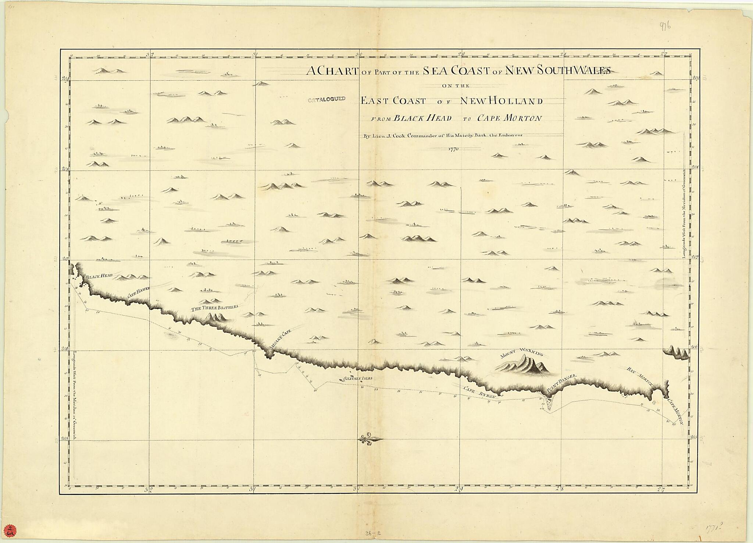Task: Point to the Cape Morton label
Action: click(x=675, y=412)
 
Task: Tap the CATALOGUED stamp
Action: click(x=326, y=99)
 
